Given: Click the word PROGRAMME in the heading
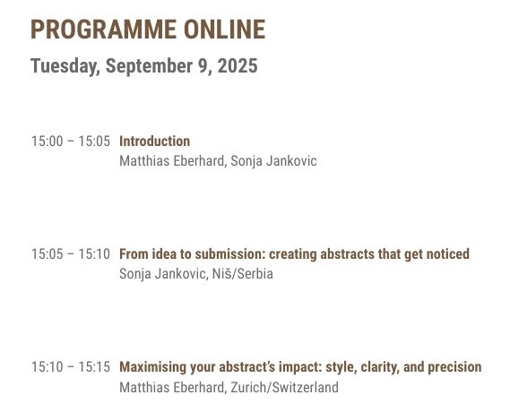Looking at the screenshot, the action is pyautogui.click(x=103, y=30).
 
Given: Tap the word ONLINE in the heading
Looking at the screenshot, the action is pyautogui.click(x=225, y=30).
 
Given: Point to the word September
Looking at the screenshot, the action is pyautogui.click(x=150, y=66).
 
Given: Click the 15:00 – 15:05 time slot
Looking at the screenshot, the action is pyautogui.click(x=71, y=142).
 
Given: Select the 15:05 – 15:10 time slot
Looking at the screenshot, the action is pyautogui.click(x=71, y=254).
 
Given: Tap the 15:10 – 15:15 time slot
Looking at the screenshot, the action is pyautogui.click(x=71, y=367).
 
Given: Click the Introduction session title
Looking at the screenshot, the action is pyautogui.click(x=155, y=142).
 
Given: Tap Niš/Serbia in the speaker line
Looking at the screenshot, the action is pyautogui.click(x=242, y=273).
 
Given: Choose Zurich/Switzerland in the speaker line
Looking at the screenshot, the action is pyautogui.click(x=285, y=387).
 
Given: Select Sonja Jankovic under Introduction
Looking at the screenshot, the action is pyautogui.click(x=273, y=161).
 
